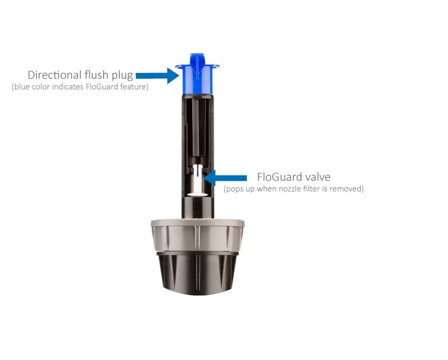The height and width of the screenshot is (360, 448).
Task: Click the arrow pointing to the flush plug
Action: click(x=157, y=76)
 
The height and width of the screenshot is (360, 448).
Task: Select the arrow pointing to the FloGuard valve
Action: click(x=225, y=178)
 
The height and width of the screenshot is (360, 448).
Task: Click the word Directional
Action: click(x=55, y=75)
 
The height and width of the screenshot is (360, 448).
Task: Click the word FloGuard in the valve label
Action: click(x=279, y=177)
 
